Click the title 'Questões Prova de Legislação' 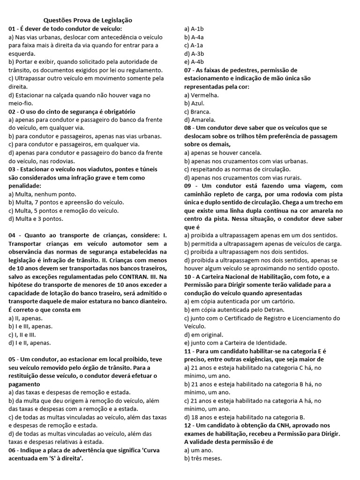click(x=88, y=20)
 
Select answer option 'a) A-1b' click(x=194, y=29)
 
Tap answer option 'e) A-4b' click(x=194, y=61)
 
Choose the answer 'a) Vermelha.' click(x=202, y=95)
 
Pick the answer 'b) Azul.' click(x=195, y=103)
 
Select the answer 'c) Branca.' click(x=197, y=112)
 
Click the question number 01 click(x=12, y=29)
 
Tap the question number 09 click(x=188, y=186)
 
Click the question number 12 click(x=188, y=425)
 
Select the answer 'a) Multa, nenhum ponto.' click(x=42, y=194)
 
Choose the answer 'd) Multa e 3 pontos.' click(x=36, y=218)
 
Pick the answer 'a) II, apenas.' click(x=25, y=318)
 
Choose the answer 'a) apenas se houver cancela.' click(x=223, y=153)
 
